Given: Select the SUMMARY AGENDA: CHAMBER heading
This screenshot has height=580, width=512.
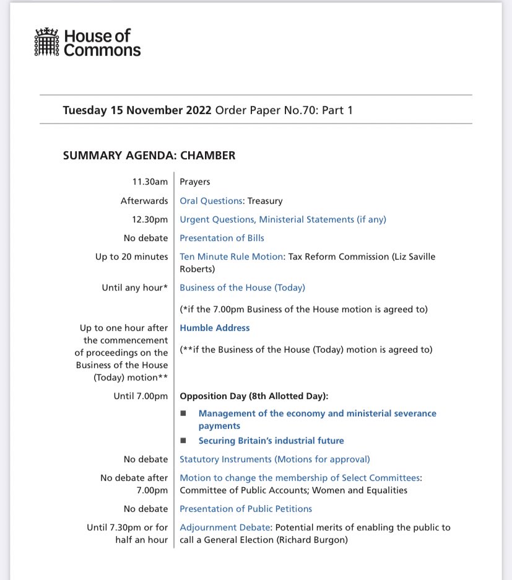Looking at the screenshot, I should tap(149, 156).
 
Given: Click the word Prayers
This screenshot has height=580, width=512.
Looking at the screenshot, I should tap(195, 182).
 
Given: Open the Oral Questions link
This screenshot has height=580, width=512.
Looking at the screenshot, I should tap(210, 201).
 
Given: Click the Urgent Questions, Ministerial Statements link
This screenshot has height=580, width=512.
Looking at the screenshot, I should tap(282, 219).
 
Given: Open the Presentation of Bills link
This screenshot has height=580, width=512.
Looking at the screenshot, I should tap(222, 238).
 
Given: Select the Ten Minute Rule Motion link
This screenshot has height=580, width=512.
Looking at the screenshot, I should tap(231, 257).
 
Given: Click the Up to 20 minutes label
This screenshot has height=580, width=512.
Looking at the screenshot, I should tap(131, 257).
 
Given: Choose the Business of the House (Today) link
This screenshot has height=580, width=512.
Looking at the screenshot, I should tap(242, 288).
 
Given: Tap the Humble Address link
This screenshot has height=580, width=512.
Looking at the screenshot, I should tap(214, 328).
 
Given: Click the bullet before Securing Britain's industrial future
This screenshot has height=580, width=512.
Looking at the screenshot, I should tap(183, 441).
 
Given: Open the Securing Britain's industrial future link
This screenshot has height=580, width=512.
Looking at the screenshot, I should tap(271, 441).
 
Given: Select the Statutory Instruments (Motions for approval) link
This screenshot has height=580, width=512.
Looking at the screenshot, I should tap(274, 459).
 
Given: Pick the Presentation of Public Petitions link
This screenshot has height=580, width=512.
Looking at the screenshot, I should tap(245, 509).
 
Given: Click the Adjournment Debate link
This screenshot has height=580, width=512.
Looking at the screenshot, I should tap(225, 527).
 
